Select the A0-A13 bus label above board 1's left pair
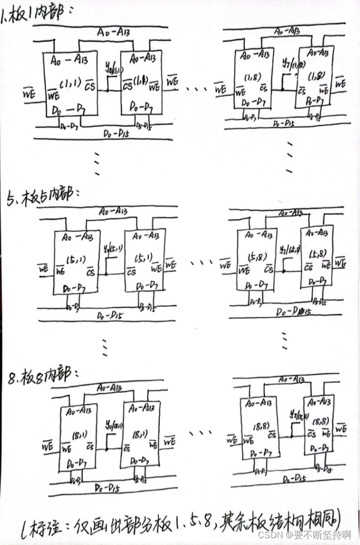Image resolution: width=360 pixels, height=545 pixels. click(116, 33)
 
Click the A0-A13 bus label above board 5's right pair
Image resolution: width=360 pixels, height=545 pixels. click(289, 213)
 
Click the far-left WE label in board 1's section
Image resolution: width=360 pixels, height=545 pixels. click(28, 90)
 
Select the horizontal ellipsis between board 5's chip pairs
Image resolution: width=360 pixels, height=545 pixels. click(200, 263)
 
